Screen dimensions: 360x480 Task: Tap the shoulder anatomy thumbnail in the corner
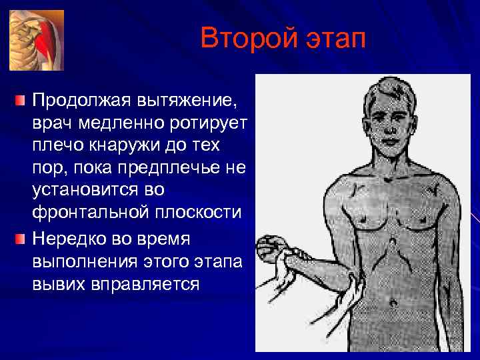click(37, 40)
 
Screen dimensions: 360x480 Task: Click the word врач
click(55, 125)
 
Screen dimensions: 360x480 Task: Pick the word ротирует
click(209, 125)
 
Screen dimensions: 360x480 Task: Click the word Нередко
click(69, 239)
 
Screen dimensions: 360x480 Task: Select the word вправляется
click(147, 284)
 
